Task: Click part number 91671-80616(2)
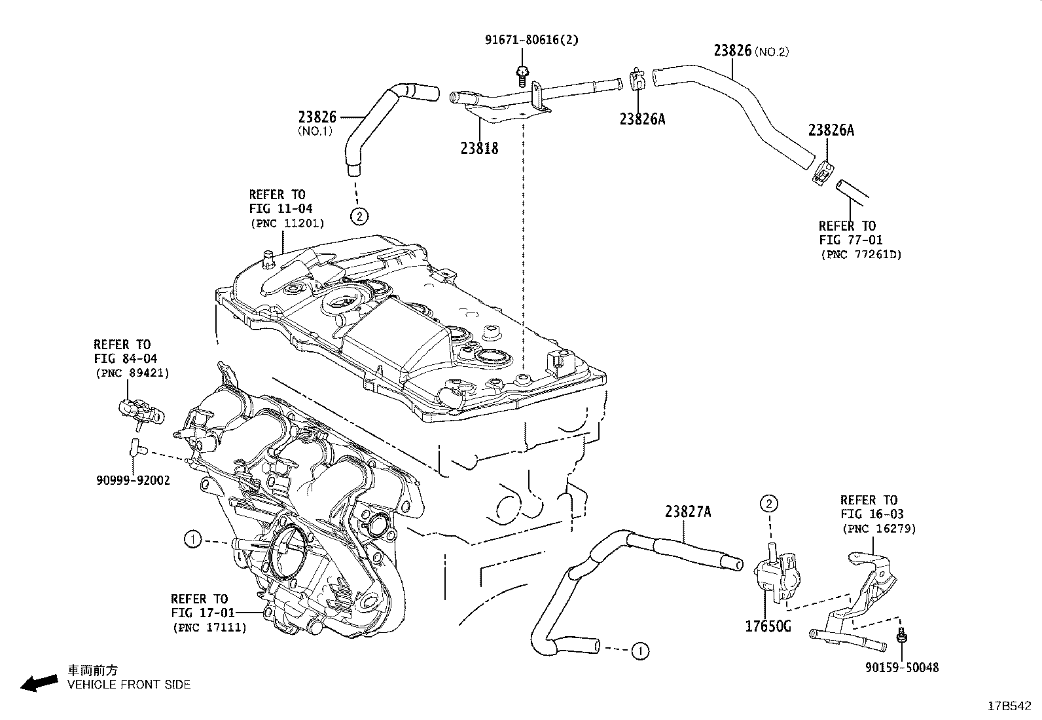531,40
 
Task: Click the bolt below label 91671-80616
522,75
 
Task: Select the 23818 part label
479,149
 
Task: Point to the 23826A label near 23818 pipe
642,119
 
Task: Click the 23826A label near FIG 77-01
831,130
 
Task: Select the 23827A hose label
688,512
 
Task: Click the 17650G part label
768,626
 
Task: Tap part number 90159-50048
901,668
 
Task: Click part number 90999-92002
133,480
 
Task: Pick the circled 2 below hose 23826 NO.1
358,216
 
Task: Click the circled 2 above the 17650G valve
768,503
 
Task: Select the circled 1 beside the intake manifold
192,540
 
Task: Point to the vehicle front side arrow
39,683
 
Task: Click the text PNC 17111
209,628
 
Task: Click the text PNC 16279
878,529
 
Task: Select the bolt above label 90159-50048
902,635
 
